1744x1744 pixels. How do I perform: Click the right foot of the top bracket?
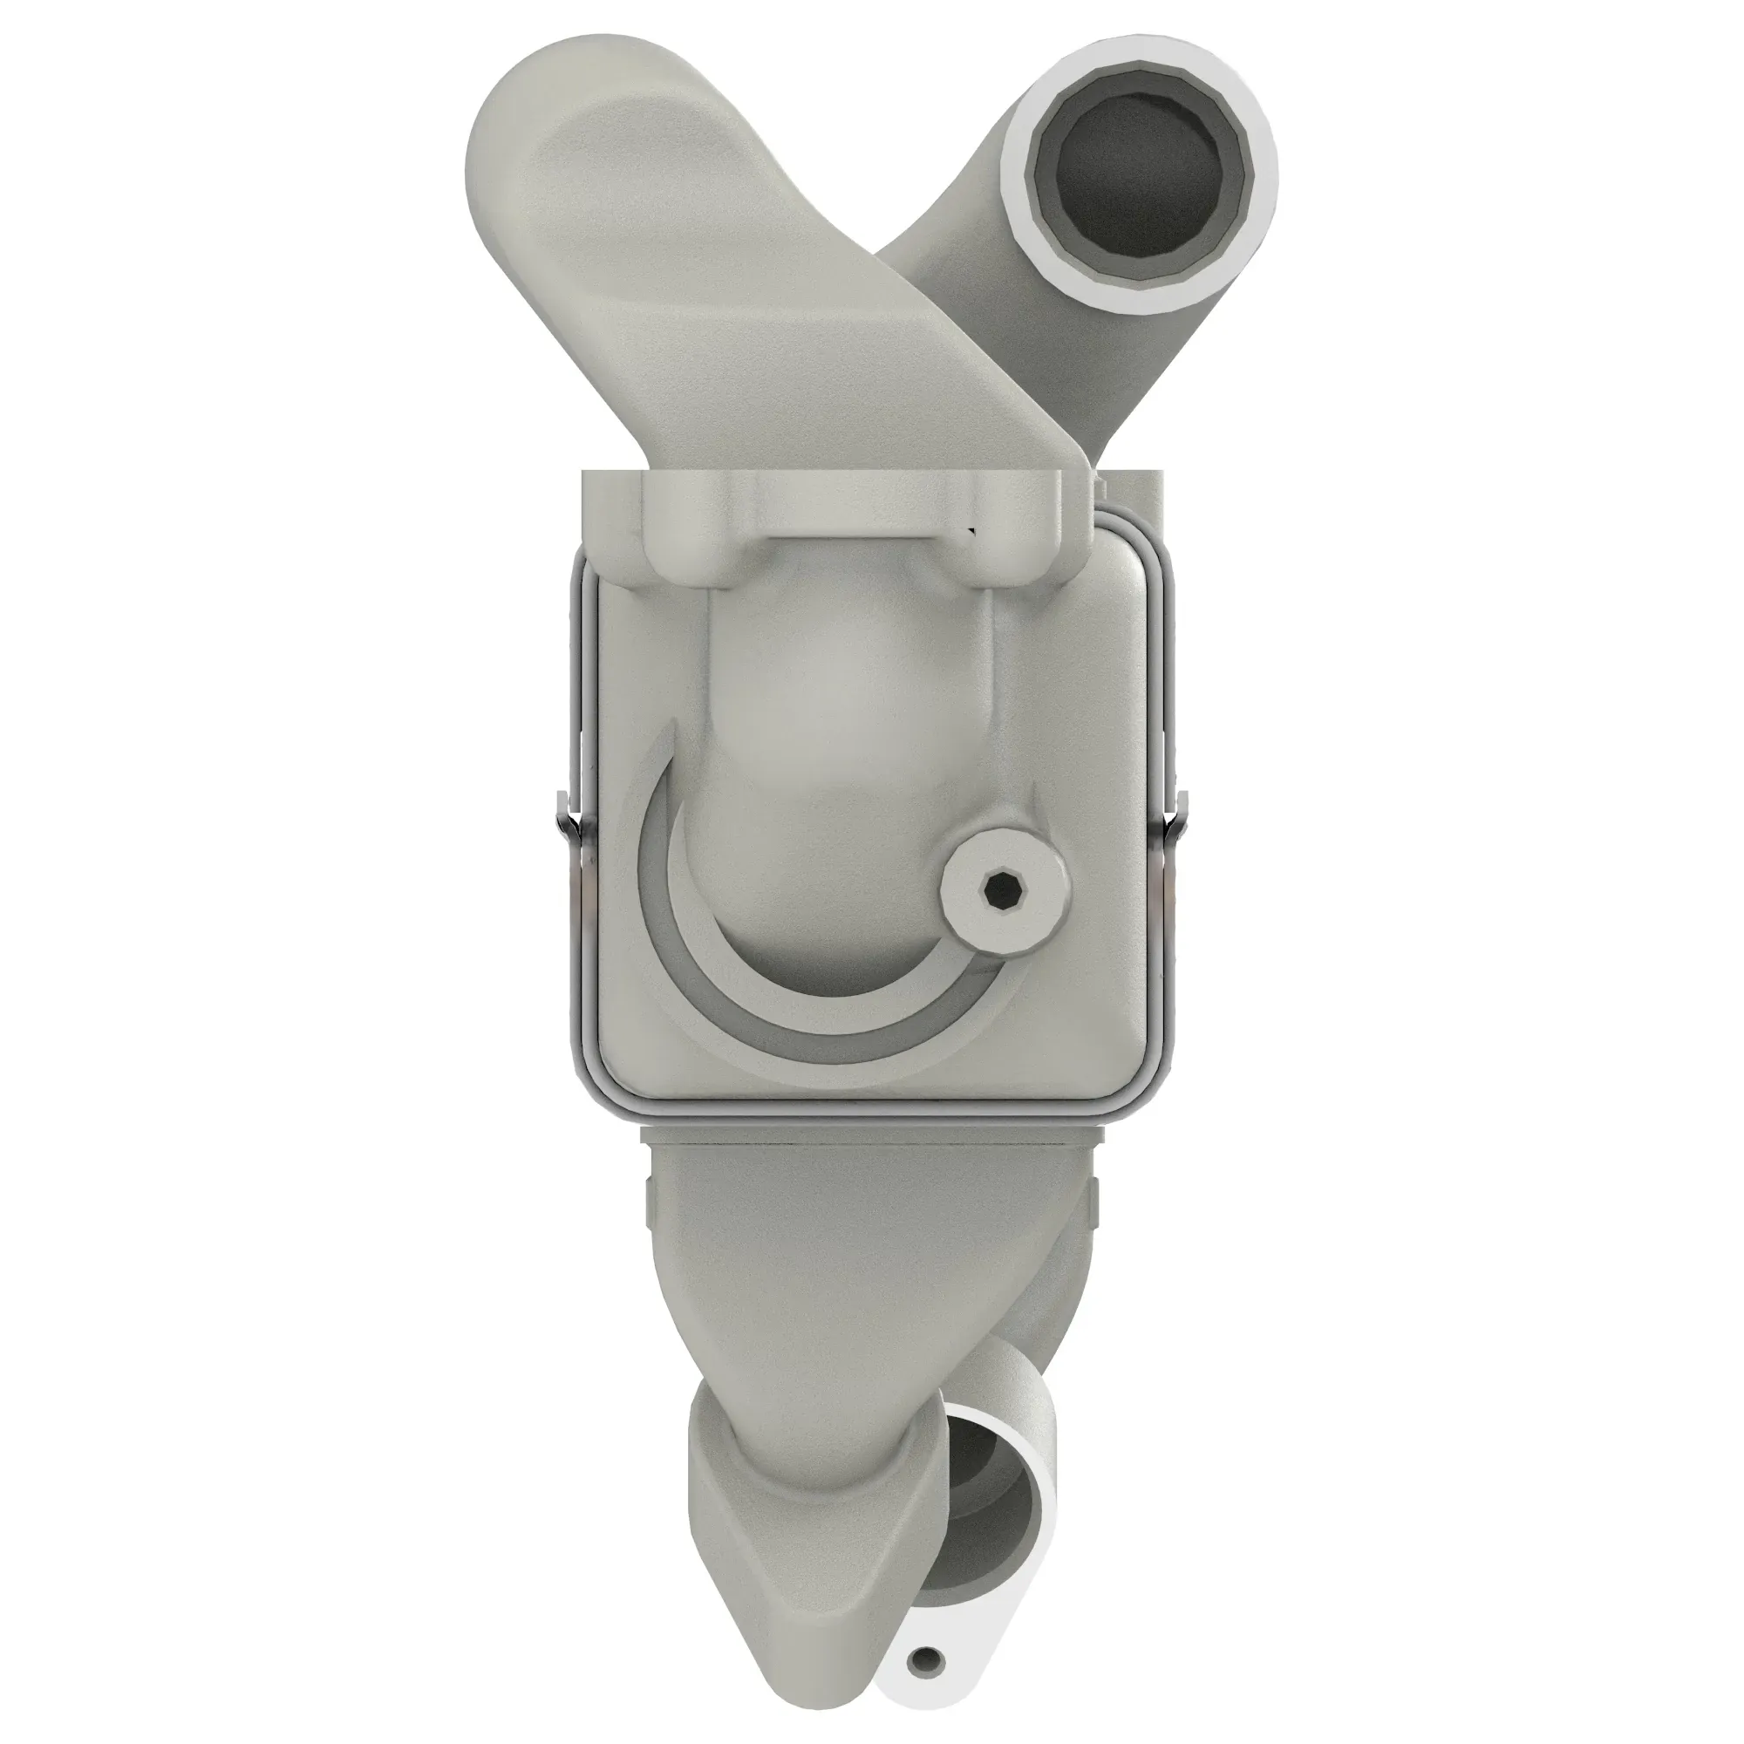[x=1025, y=550]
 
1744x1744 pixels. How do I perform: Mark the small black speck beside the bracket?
[x=971, y=530]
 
